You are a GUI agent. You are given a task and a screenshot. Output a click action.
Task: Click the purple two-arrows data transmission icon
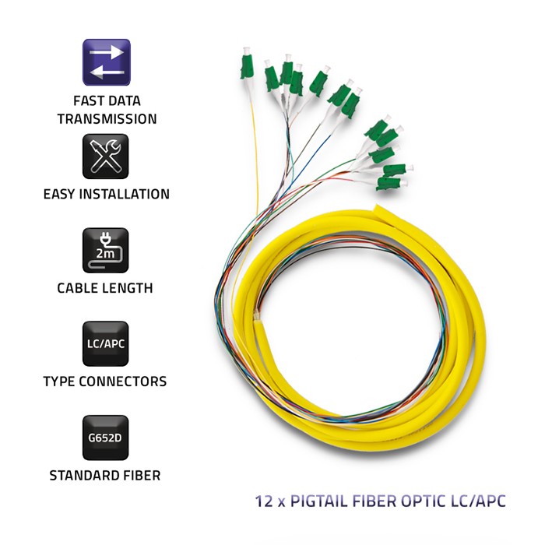point(107,62)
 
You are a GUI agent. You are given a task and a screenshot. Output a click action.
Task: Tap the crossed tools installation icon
point(106,156)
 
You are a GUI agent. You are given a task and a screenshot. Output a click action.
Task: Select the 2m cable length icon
point(106,250)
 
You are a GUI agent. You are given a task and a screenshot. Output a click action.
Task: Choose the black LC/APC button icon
point(106,344)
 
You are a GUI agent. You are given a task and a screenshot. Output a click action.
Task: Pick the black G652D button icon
point(106,438)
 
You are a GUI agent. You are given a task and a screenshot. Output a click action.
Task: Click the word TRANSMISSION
point(107,119)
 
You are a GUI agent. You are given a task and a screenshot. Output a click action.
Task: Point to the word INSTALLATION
point(125,194)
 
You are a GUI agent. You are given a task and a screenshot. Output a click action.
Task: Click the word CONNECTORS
point(123,381)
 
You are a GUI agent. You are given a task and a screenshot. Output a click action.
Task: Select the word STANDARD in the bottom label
point(80,475)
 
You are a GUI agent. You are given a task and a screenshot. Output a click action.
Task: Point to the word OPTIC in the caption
point(421,501)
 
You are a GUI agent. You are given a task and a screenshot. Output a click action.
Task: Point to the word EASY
point(60,194)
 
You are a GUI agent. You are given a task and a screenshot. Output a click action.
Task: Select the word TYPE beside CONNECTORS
point(59,381)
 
